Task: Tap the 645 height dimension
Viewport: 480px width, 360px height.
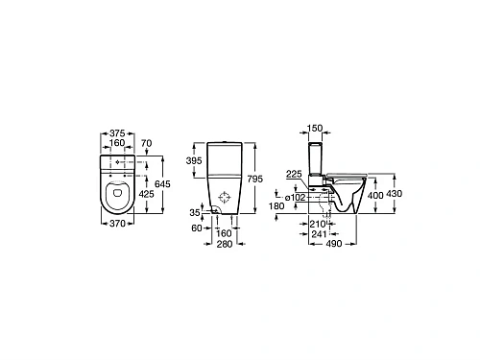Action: click(x=164, y=182)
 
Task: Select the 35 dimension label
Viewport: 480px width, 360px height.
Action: click(x=196, y=211)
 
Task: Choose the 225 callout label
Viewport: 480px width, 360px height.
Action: click(x=294, y=173)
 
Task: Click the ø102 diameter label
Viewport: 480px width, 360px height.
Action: click(x=295, y=197)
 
